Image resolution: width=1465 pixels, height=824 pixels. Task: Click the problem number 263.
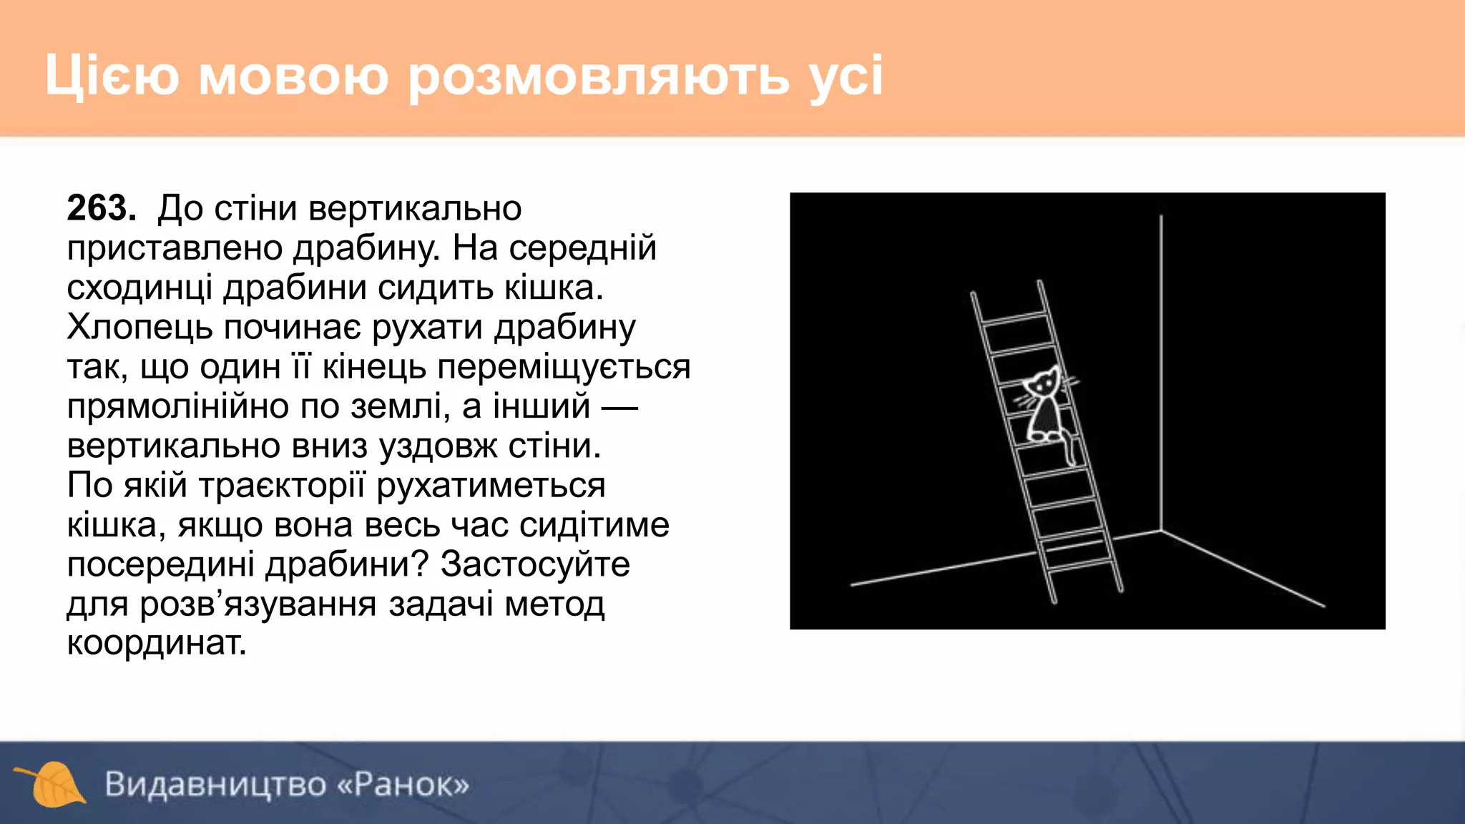coord(101,208)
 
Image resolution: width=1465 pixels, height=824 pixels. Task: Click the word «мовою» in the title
coord(293,76)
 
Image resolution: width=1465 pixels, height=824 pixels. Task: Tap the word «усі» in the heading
coord(847,76)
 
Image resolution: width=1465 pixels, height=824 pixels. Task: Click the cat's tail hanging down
coord(1069,450)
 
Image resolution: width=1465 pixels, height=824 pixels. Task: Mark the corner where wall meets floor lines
coord(1161,530)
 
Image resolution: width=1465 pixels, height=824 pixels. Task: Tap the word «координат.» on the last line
coord(157,643)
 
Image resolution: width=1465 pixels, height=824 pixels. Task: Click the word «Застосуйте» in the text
coord(534,564)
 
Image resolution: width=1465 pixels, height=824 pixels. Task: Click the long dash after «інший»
coord(619,408)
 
